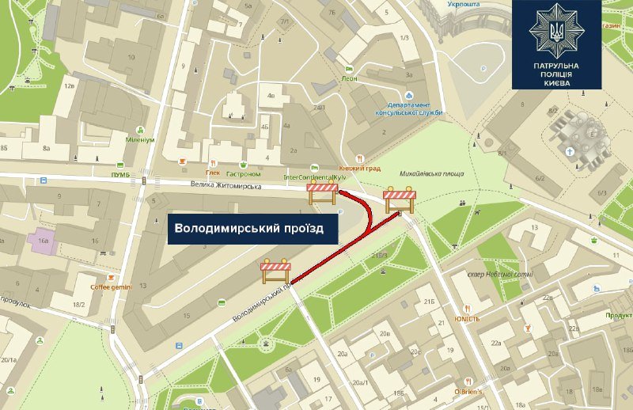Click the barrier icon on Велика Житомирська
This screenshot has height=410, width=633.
tap(324, 194)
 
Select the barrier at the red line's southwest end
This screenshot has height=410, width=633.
tap(276, 271)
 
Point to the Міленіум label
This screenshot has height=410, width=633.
tap(139, 139)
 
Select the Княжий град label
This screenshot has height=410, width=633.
tap(361, 169)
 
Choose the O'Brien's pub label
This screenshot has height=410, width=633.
tap(468, 389)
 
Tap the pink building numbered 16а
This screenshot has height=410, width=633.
tap(41, 239)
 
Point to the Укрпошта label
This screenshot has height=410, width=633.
tap(464, 4)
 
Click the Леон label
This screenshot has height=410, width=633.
tap(349, 78)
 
